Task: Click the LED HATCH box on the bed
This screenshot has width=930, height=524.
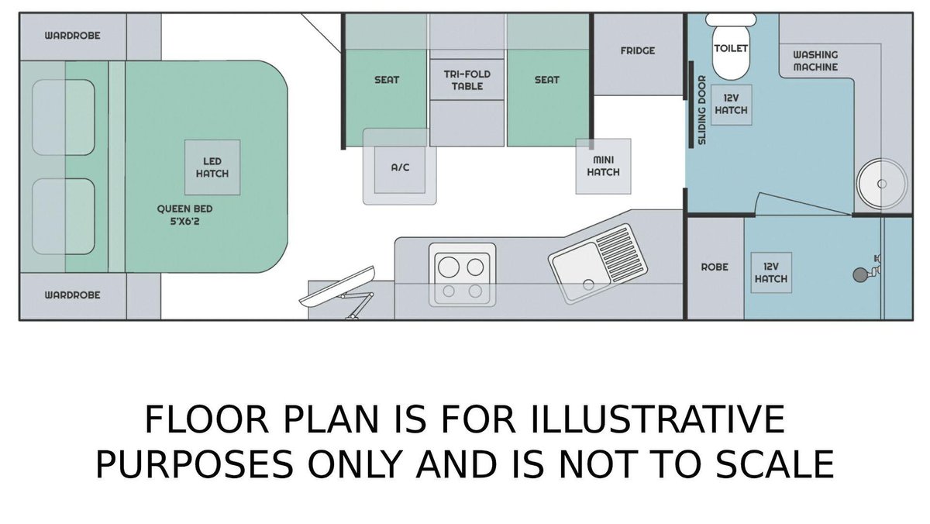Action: coord(212,167)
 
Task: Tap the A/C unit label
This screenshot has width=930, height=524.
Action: coord(400,167)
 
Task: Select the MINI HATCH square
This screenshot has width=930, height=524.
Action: coord(603,166)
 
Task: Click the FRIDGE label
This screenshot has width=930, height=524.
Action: coord(638,50)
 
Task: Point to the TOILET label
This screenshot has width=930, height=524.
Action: coord(731,49)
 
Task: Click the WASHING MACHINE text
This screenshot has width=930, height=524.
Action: coord(815,60)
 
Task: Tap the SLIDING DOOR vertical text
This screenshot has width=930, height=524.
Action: coord(701,110)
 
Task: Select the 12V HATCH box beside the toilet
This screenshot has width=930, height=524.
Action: coord(731,105)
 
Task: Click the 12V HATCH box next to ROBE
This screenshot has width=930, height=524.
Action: coord(771,273)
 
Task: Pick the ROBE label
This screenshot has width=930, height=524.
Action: coord(715,267)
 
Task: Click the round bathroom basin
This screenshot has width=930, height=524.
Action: coord(882,184)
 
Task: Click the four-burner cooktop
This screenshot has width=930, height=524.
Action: coord(462,274)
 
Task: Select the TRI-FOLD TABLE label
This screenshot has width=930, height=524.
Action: coord(467,80)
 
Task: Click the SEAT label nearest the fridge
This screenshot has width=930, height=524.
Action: coord(547,79)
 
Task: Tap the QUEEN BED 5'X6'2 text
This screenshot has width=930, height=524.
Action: coord(184,215)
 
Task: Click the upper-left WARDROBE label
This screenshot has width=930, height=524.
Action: coord(73,36)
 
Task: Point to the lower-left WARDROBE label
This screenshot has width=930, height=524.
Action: coord(73,295)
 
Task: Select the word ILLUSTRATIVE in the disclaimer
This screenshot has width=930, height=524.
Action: coord(657,419)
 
